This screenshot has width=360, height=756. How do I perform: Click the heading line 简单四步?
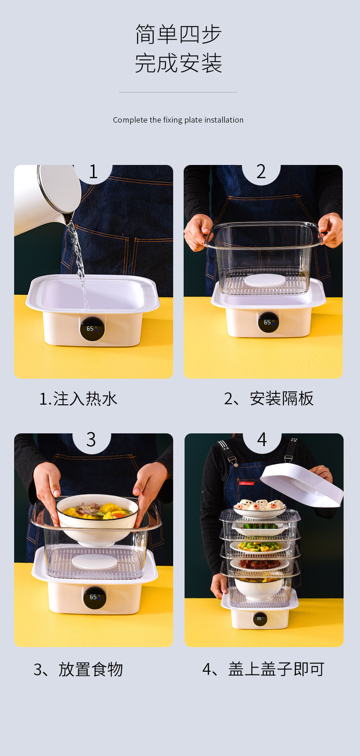tap(178, 35)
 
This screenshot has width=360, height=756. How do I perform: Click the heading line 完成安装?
tap(178, 63)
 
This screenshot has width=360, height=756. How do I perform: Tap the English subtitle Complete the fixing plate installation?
tap(178, 120)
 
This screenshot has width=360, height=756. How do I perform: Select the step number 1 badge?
tap(93, 172)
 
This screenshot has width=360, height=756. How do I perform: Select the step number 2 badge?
tap(261, 172)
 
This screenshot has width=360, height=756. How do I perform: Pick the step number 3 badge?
tap(91, 440)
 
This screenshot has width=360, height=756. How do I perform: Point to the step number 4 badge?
tap(262, 440)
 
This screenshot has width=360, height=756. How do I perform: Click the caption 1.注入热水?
tap(78, 399)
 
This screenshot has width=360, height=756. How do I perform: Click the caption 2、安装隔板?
tap(268, 399)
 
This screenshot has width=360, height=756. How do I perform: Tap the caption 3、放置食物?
tap(78, 669)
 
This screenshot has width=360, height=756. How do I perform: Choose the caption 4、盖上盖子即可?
tap(263, 669)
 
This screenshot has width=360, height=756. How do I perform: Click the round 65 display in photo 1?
tap(92, 329)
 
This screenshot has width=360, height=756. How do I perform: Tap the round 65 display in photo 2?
tap(268, 322)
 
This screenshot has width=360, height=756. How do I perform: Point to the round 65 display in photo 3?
tap(94, 597)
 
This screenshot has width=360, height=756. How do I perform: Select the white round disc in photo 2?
tap(264, 280)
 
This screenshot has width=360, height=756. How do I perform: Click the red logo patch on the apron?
tap(247, 483)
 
